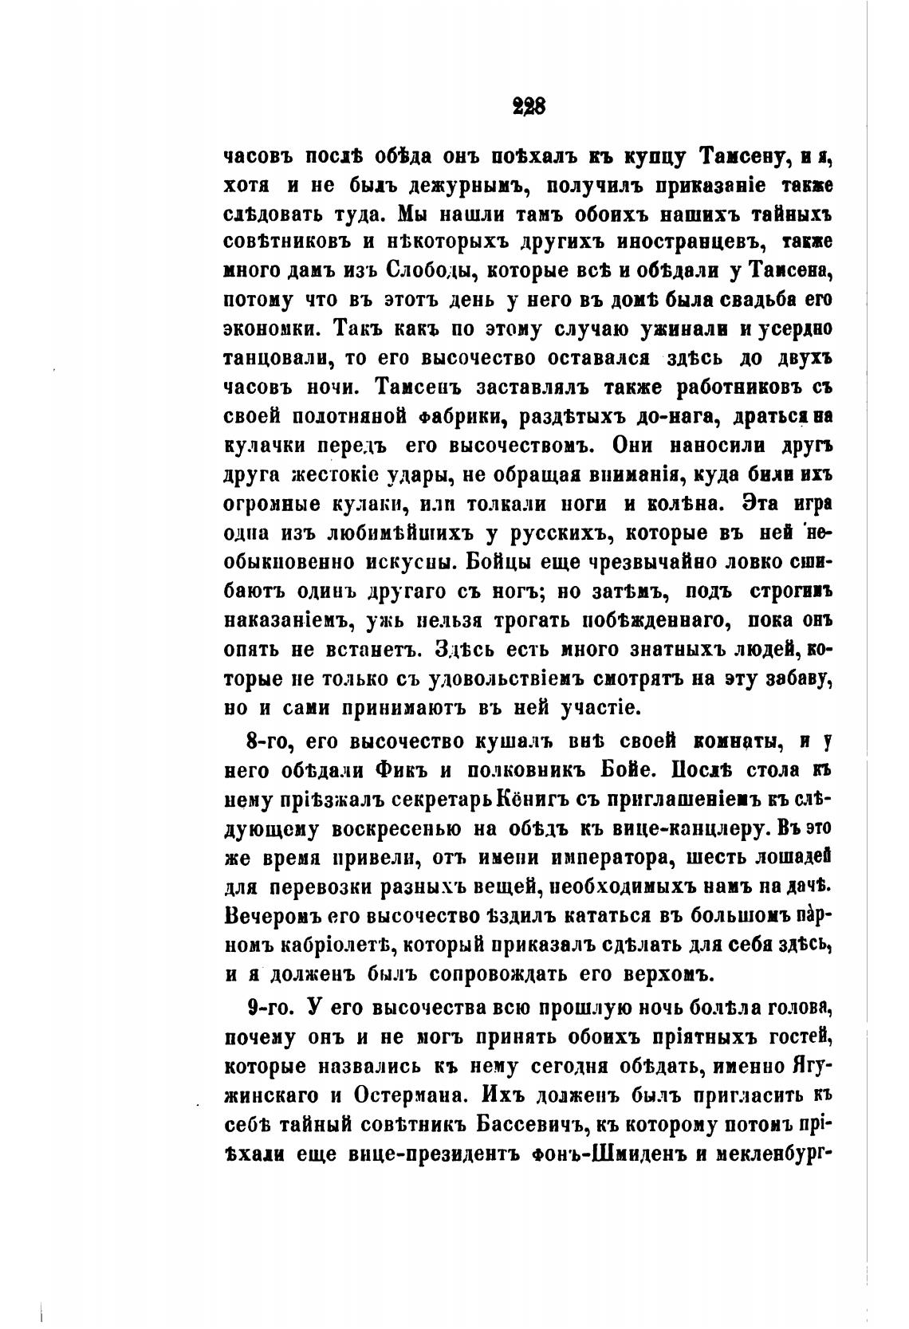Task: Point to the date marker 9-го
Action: pyautogui.click(x=272, y=1008)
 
